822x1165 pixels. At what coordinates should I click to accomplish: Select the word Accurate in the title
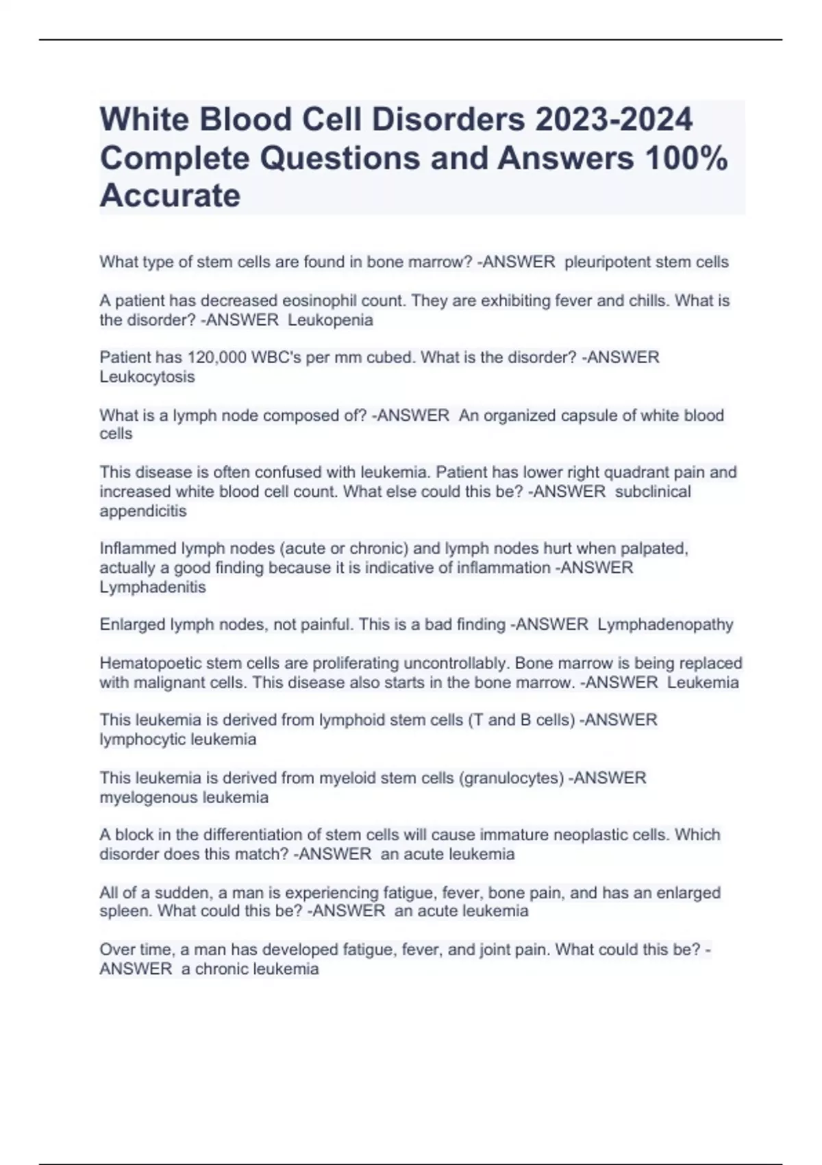point(170,196)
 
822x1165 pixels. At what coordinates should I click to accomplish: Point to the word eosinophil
point(314,301)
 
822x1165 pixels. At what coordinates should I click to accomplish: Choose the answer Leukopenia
point(331,320)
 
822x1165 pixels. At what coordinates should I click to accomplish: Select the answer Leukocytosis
point(147,377)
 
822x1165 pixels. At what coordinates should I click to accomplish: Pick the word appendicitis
point(143,511)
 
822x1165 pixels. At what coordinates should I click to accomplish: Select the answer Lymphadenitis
point(153,587)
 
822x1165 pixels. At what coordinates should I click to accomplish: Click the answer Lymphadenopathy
point(665,625)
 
